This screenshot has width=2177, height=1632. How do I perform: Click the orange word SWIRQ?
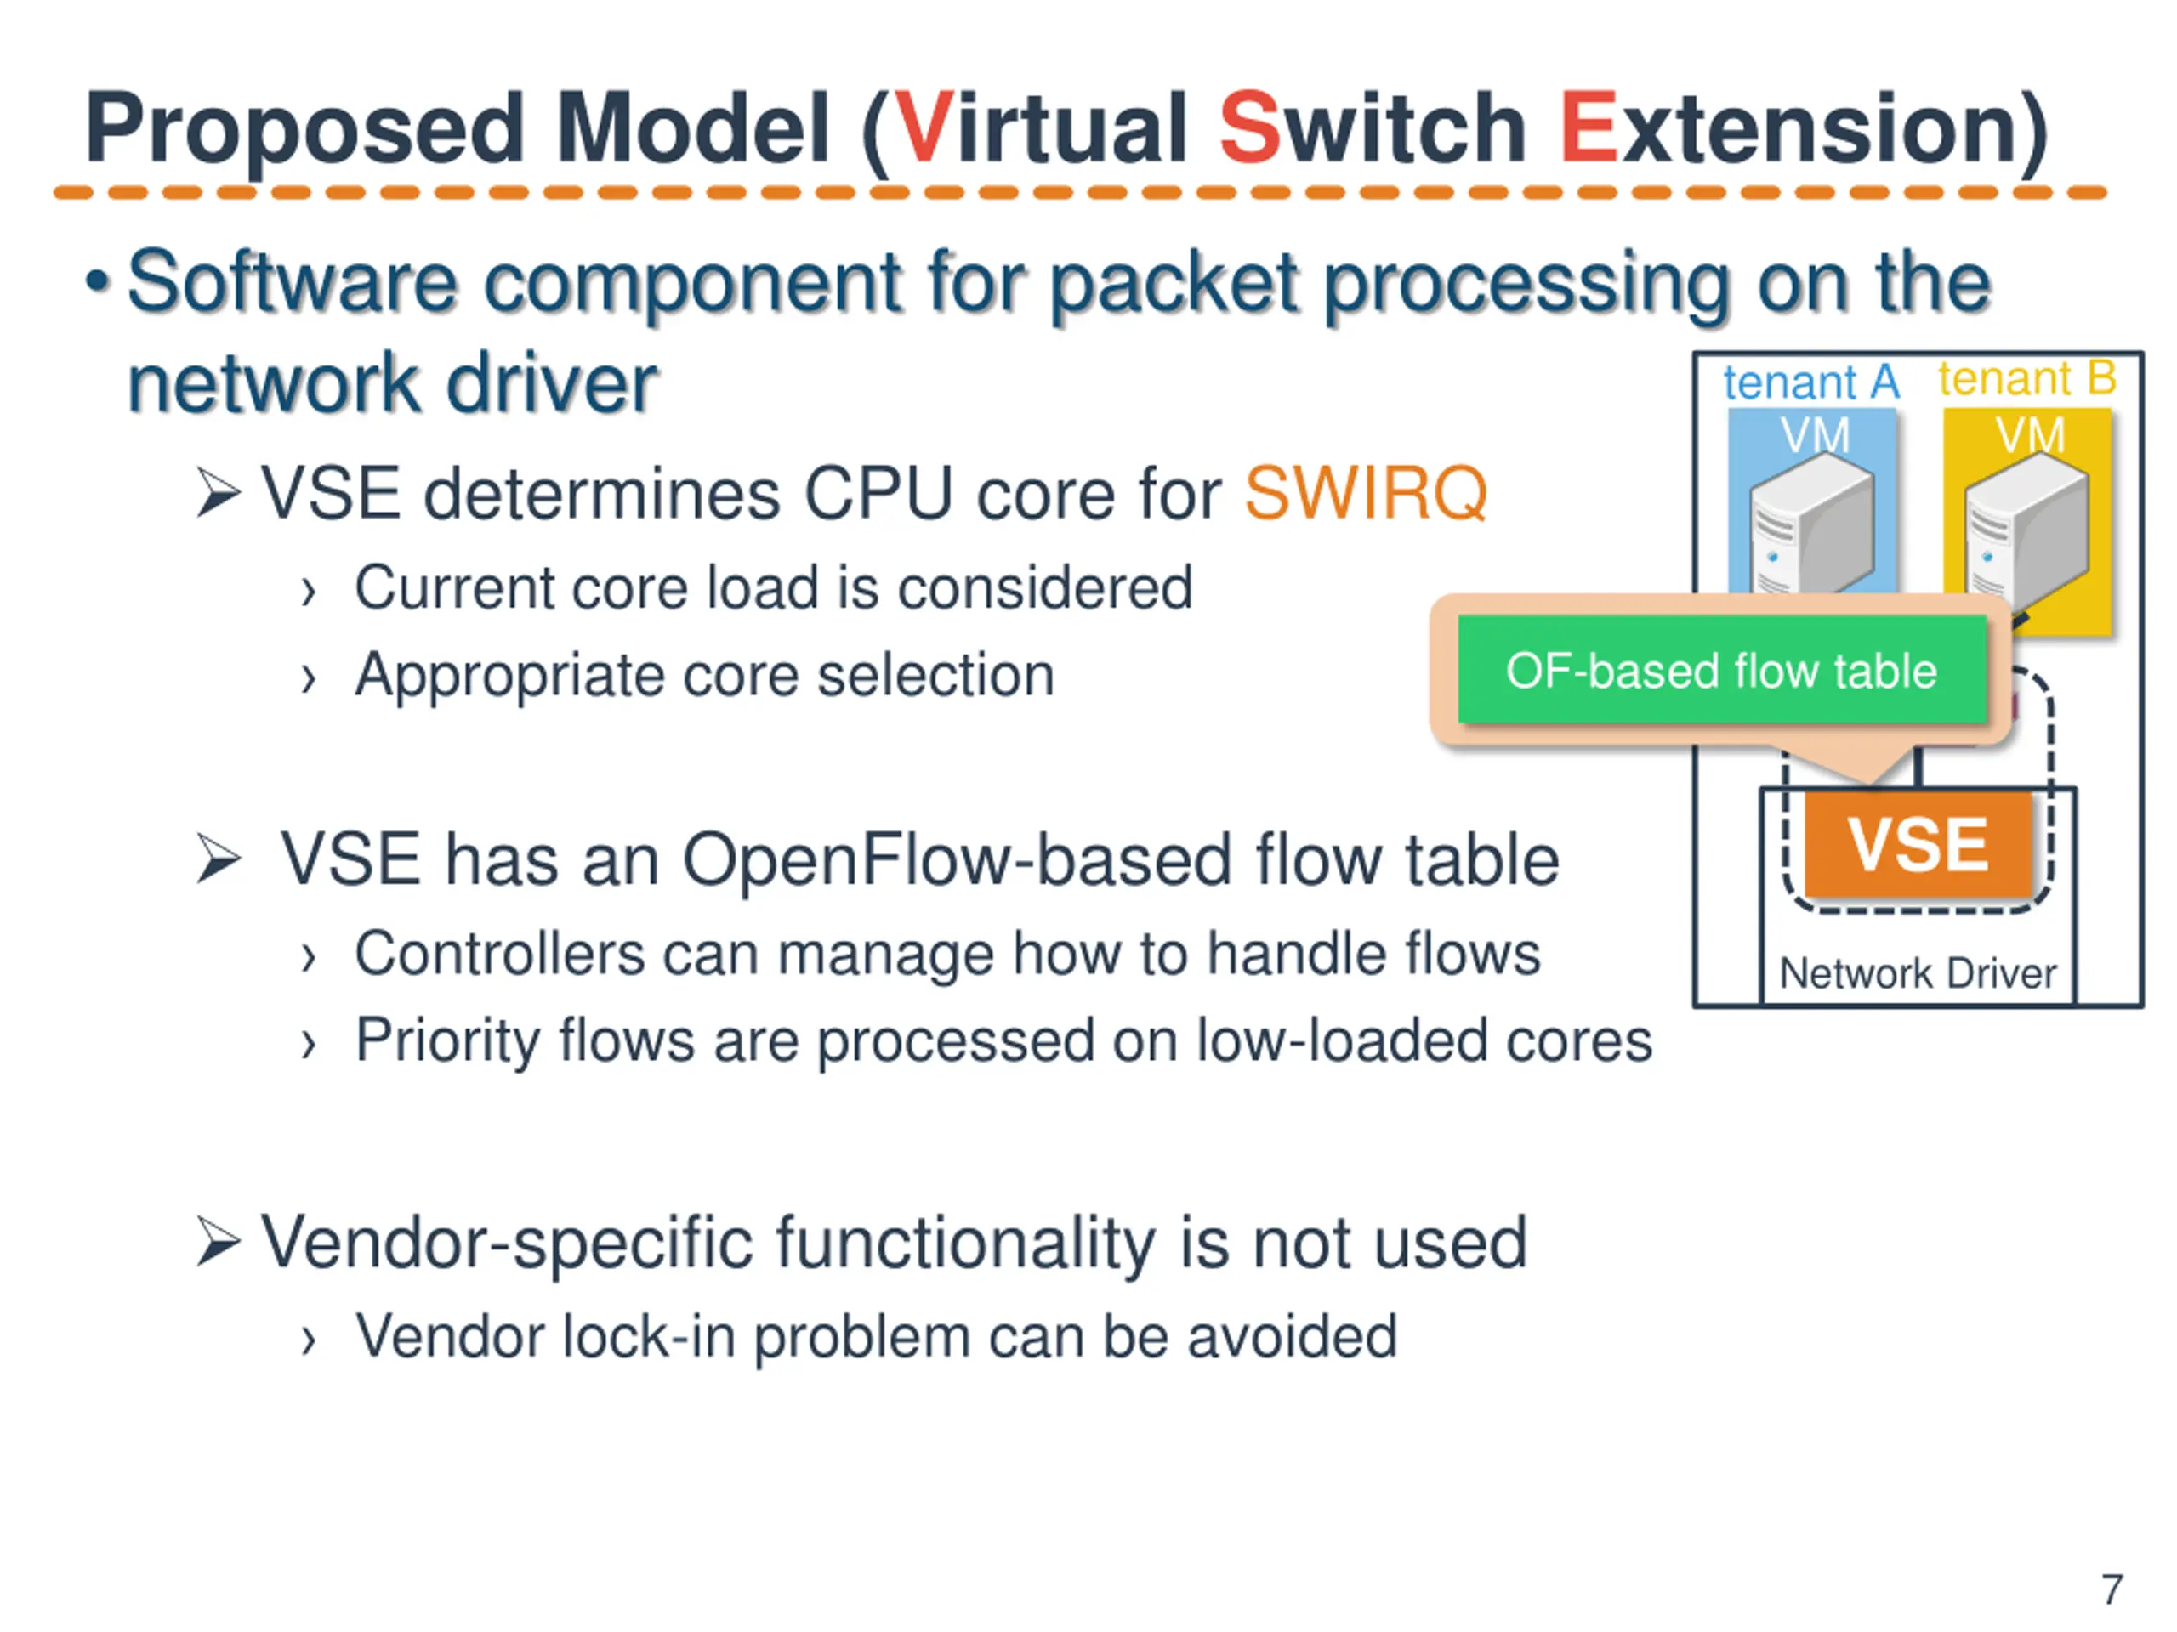[1365, 493]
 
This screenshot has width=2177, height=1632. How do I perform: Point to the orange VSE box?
[1917, 845]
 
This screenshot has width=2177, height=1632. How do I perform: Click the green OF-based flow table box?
[1721, 671]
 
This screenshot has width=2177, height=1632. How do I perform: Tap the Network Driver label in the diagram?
[1917, 974]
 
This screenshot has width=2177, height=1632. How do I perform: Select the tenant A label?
[1810, 382]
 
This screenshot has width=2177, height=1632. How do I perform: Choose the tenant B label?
[2027, 379]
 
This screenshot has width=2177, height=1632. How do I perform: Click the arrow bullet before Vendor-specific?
[218, 1242]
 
